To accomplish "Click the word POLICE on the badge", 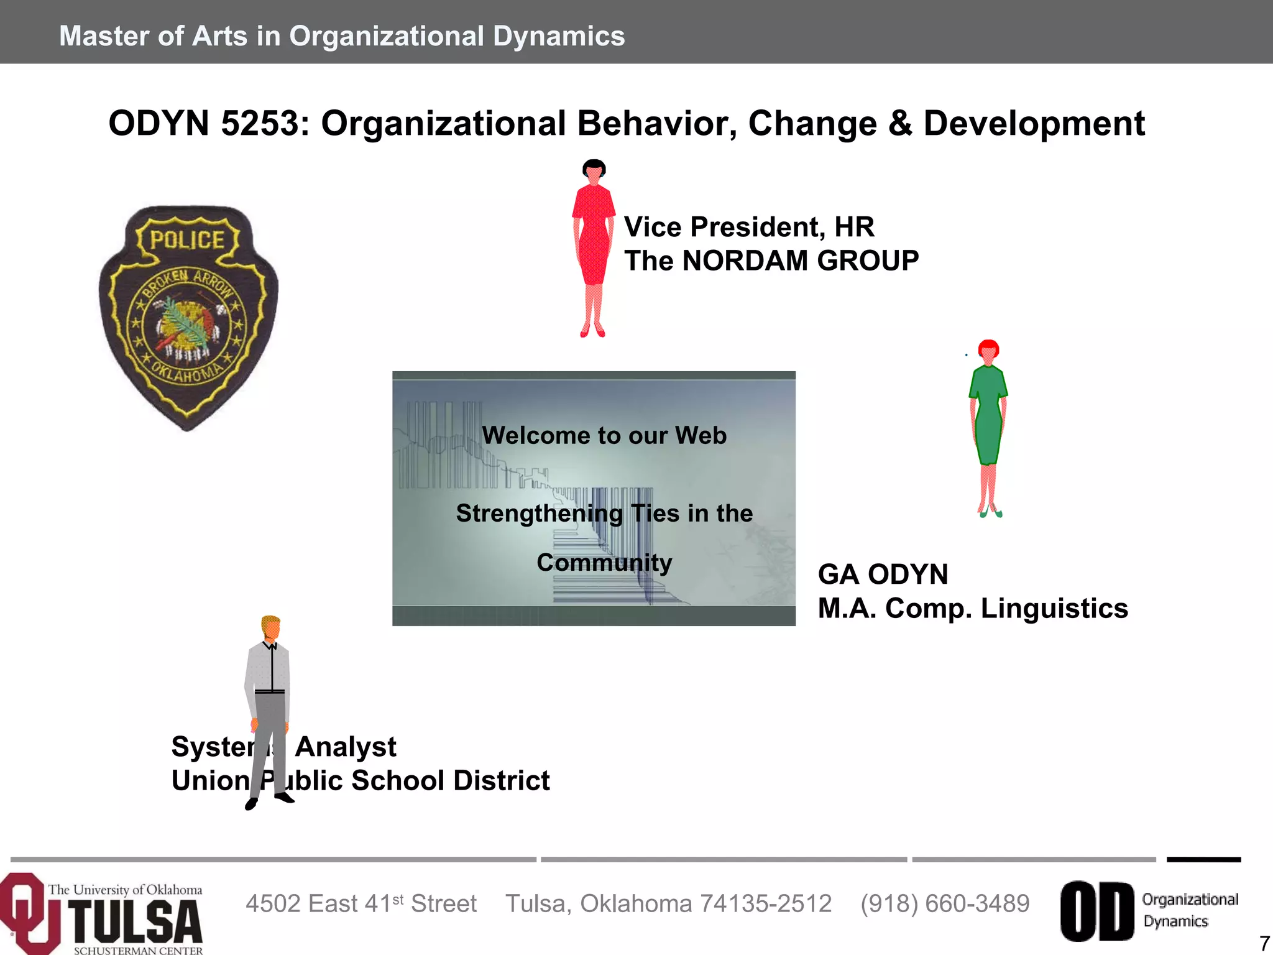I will click(x=187, y=240).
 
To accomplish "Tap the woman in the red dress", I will click(x=594, y=249).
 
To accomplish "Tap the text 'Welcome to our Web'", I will click(x=604, y=435).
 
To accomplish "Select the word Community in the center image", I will click(x=604, y=562).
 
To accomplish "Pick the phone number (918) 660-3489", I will click(x=945, y=903).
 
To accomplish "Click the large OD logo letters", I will click(x=1097, y=911).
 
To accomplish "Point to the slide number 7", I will click(x=1264, y=943).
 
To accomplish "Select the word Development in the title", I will click(x=1034, y=123).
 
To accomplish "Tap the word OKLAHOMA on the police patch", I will click(x=186, y=373).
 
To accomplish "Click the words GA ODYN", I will click(x=883, y=574).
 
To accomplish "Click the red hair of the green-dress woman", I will click(x=989, y=346).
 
